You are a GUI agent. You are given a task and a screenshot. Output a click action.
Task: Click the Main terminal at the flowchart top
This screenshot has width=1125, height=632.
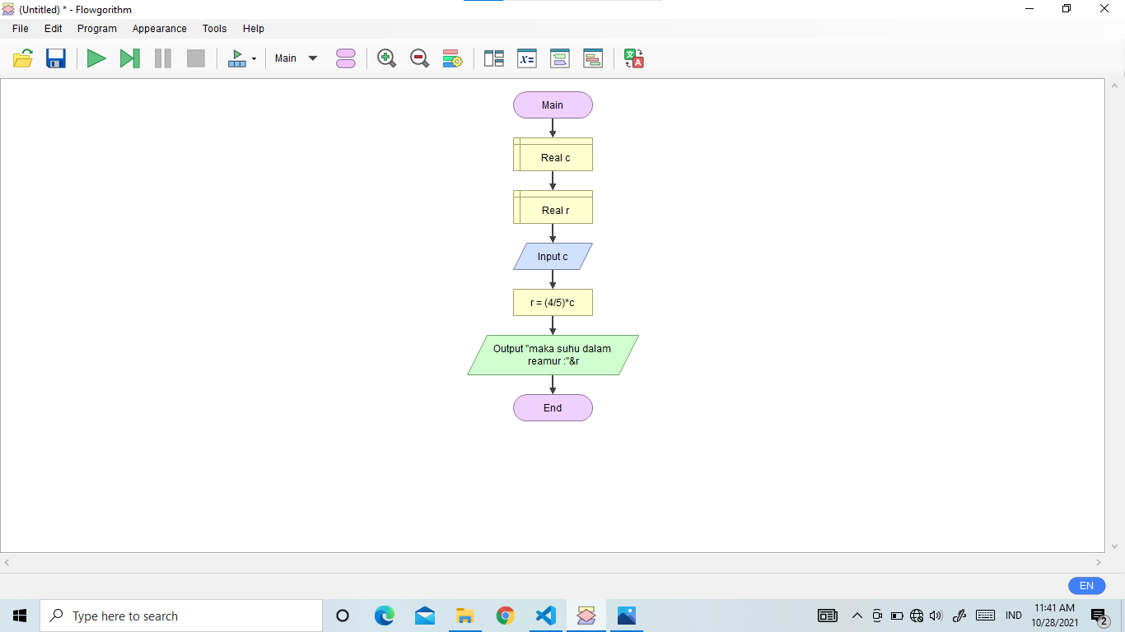tap(553, 105)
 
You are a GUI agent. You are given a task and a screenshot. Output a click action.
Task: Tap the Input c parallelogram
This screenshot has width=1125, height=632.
tap(553, 257)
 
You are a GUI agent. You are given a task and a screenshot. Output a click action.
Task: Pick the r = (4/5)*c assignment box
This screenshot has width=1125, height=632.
tap(553, 303)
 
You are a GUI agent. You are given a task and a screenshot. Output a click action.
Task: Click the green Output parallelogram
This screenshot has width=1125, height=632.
tap(553, 355)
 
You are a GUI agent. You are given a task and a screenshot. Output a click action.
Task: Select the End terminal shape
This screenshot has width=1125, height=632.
tap(553, 408)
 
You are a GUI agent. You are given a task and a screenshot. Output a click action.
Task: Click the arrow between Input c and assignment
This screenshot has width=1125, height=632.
tap(553, 279)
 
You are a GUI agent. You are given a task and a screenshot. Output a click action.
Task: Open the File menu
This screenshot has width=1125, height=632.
tap(21, 29)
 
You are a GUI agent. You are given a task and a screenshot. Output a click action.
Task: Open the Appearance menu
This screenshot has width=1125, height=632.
tap(159, 29)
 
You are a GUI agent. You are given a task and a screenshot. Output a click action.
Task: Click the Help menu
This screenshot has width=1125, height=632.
tap(254, 29)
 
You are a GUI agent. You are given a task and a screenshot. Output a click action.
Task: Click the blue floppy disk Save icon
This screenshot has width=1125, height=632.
tap(56, 58)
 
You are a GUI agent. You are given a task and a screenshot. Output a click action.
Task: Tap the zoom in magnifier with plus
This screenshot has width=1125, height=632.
tap(386, 58)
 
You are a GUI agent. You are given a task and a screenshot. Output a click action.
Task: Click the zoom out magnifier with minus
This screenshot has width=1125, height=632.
tap(419, 58)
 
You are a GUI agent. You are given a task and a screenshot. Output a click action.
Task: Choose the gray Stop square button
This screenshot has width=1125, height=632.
tap(196, 58)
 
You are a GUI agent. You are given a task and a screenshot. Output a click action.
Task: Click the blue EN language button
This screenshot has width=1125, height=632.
tap(1086, 586)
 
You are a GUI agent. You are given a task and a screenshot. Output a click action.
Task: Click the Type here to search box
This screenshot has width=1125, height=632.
tap(181, 616)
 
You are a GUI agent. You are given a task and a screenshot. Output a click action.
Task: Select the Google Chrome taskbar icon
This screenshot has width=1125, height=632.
tap(506, 616)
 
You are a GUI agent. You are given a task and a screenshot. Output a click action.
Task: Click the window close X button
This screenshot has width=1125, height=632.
tap(1104, 9)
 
